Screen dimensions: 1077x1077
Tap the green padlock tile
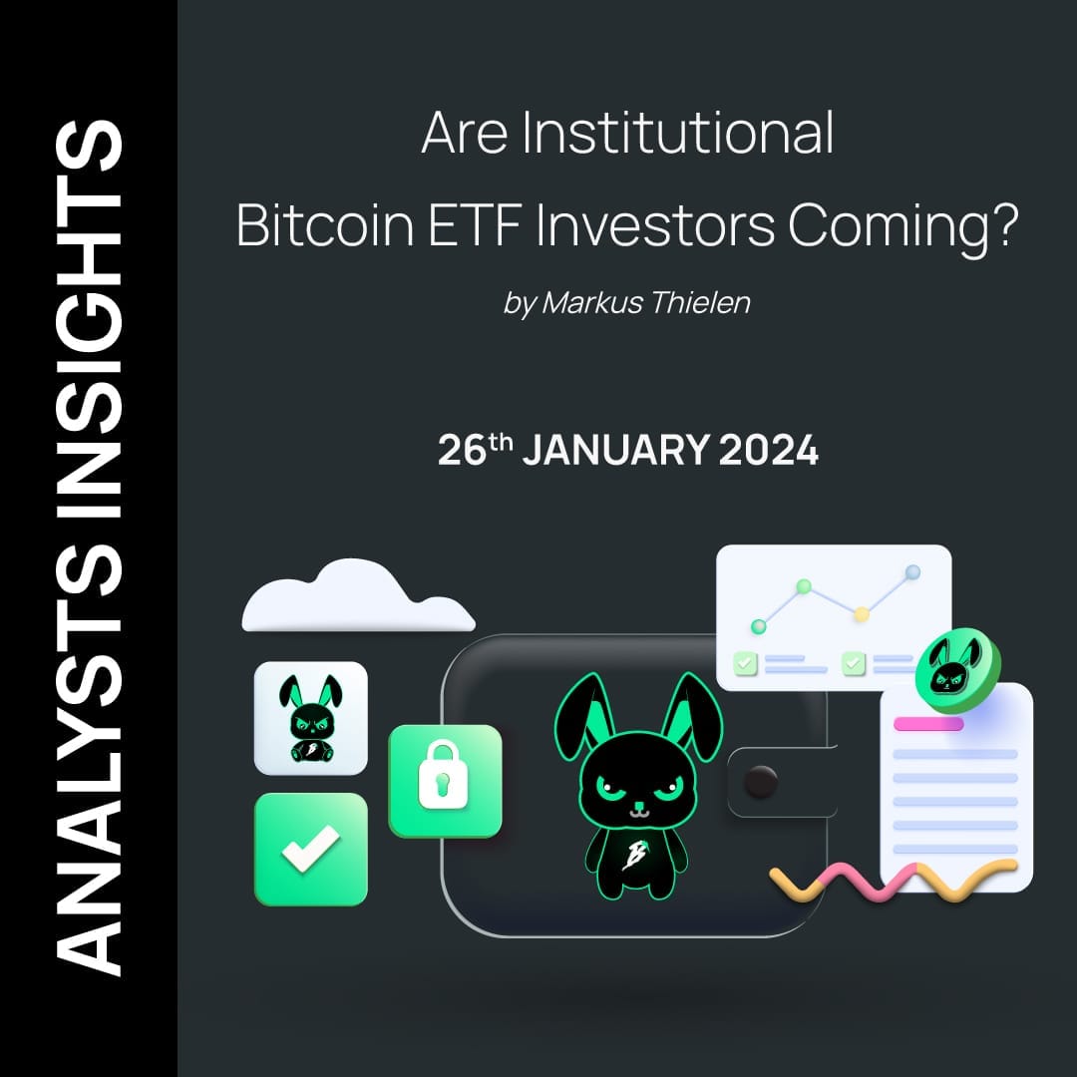[x=445, y=781]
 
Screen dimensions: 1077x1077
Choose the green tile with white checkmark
[x=310, y=849]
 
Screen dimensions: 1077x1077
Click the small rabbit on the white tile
[x=310, y=718]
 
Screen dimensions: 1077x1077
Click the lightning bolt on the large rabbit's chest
[x=630, y=855]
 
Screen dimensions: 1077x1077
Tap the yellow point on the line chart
[x=862, y=614]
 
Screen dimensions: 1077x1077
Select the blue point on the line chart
[x=911, y=572]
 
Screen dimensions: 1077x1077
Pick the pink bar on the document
[x=928, y=724]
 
